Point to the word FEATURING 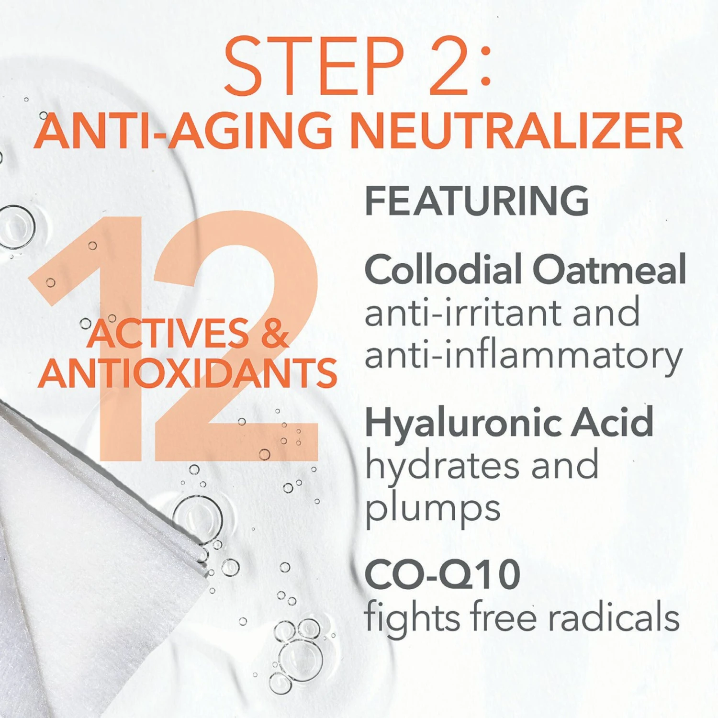click(477, 201)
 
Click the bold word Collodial click(443, 269)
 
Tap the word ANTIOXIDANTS click(188, 373)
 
